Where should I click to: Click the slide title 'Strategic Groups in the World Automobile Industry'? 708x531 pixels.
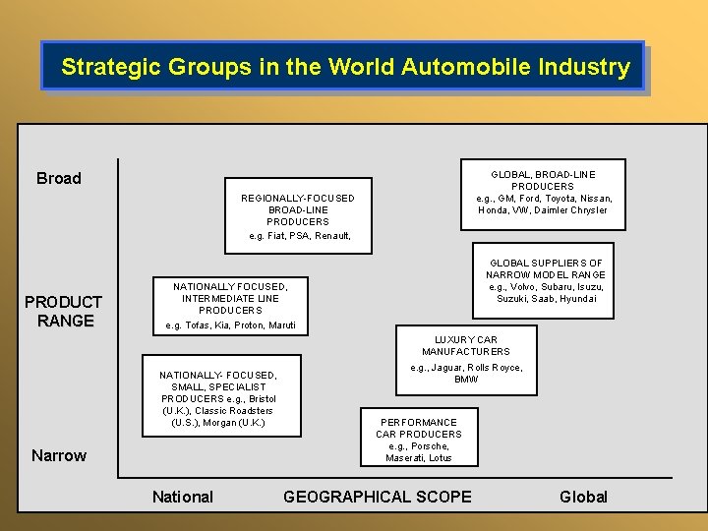[x=345, y=67]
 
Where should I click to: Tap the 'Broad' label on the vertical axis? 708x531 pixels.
[x=59, y=178]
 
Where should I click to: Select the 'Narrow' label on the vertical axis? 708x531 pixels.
[x=59, y=455]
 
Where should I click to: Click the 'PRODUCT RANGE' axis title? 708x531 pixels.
[x=63, y=311]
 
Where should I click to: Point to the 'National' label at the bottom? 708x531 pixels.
[x=182, y=497]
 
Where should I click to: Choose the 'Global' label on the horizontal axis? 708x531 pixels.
[x=583, y=497]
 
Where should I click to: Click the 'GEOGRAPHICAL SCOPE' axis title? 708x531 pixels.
[x=378, y=497]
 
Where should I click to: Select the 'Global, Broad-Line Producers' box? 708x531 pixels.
[x=543, y=192]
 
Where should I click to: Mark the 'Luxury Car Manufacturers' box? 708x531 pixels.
[x=466, y=359]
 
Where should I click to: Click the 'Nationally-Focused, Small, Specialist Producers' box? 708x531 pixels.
[x=218, y=398]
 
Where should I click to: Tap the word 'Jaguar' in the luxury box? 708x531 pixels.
[x=445, y=368]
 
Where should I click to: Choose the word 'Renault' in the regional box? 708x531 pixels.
[x=329, y=236]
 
